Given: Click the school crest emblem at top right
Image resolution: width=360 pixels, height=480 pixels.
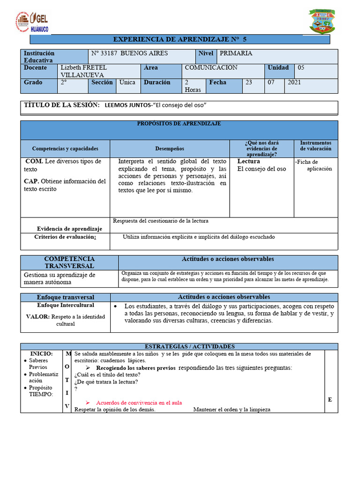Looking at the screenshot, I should (x=322, y=21).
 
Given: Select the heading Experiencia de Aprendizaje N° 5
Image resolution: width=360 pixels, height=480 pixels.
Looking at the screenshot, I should (x=179, y=39).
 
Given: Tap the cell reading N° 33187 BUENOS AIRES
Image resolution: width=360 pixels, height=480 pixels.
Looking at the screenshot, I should (x=129, y=53).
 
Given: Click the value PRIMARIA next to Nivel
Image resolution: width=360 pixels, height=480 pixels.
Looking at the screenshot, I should (x=236, y=53).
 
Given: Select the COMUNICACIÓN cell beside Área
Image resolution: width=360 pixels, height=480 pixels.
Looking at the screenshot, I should (x=211, y=67).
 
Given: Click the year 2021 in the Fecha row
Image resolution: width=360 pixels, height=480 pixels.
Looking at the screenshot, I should (x=294, y=82).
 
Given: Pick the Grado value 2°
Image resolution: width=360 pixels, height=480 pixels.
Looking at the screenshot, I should (x=64, y=82).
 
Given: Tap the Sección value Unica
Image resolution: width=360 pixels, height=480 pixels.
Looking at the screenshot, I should (x=127, y=82).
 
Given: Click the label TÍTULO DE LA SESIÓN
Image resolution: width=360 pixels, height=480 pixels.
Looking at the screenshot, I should (x=61, y=105).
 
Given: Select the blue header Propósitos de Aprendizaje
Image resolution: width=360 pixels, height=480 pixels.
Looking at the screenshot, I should (x=179, y=124).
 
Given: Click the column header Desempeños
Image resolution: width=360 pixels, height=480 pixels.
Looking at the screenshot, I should (x=170, y=149).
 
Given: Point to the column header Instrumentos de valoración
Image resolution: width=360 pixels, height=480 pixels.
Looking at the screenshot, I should (x=315, y=146).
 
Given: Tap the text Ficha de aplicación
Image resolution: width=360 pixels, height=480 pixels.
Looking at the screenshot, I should (x=314, y=165).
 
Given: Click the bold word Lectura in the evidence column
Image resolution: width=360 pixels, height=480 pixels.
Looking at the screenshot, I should (x=248, y=161).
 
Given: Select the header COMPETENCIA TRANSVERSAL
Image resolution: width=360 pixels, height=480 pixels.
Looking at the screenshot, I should (x=69, y=262).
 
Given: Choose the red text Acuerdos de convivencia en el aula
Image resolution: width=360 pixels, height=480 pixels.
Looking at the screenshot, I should (x=139, y=403).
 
